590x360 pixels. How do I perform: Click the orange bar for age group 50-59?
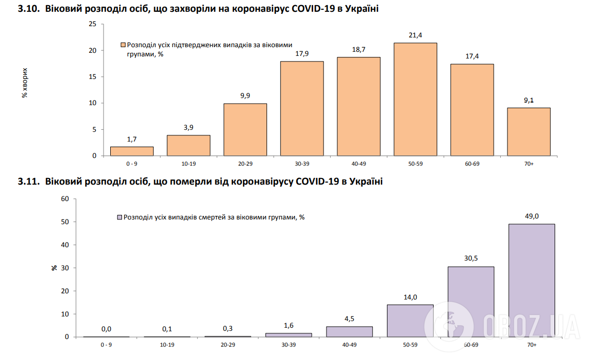click(415, 99)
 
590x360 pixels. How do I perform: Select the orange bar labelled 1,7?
click(132, 151)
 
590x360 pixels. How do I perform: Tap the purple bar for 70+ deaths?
click(532, 280)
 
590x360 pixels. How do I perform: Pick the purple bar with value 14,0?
click(410, 321)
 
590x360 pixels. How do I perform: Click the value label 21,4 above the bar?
click(415, 35)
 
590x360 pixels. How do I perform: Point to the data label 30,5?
click(471, 258)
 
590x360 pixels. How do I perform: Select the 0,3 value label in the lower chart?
click(228, 328)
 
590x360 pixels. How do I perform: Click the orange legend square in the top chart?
click(124, 45)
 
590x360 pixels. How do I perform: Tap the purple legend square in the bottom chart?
click(119, 217)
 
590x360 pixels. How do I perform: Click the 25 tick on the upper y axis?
click(92, 24)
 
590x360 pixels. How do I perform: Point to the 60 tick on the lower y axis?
click(65, 199)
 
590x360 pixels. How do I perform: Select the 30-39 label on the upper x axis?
click(302, 164)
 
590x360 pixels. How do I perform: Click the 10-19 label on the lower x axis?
click(167, 345)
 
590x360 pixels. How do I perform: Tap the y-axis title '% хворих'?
click(24, 83)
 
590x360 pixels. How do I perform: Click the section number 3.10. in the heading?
click(28, 9)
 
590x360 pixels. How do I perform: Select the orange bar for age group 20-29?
click(245, 130)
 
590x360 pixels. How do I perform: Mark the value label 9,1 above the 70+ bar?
click(528, 101)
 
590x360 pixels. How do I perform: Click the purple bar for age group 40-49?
click(349, 331)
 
